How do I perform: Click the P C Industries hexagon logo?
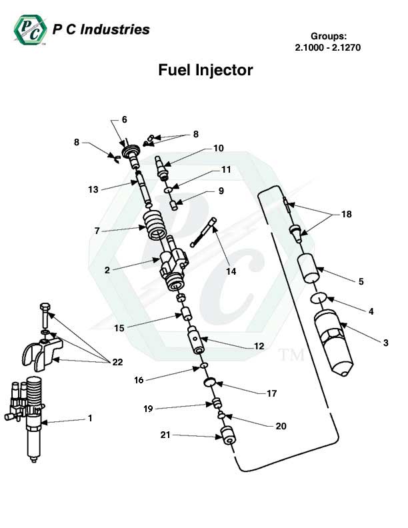coord(29,29)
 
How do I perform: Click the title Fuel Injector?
coord(205,70)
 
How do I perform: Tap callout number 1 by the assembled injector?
coord(90,419)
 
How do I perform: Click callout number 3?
coord(385,343)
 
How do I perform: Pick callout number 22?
coord(117,362)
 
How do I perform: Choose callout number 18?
coord(346,215)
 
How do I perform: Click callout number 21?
coord(165,435)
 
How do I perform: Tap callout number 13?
coord(93,189)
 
